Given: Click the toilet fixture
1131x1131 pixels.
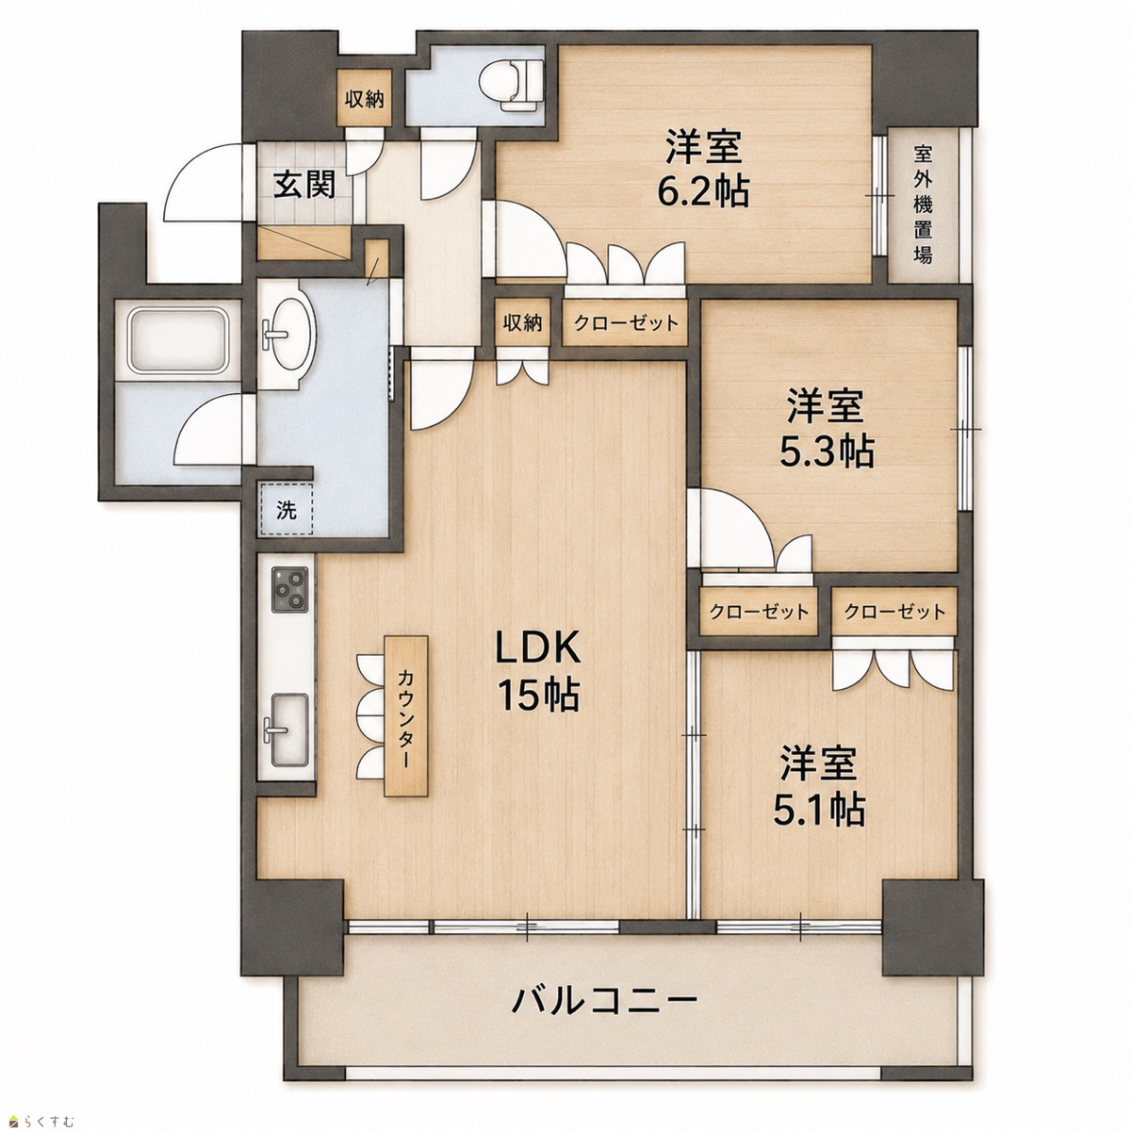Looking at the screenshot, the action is [x=511, y=86].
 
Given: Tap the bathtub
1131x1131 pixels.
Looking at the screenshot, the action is [x=179, y=339].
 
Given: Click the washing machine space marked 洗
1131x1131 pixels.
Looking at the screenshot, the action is [x=287, y=510].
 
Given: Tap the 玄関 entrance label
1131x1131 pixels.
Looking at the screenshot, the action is [x=305, y=185].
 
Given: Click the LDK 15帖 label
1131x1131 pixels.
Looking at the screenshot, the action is [x=538, y=671].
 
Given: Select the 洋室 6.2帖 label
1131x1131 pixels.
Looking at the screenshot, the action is [x=704, y=171].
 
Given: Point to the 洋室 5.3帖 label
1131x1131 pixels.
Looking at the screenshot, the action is [x=826, y=429].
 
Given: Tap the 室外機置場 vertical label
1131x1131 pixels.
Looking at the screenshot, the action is [x=924, y=205].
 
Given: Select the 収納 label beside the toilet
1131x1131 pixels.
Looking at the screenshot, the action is [x=365, y=100].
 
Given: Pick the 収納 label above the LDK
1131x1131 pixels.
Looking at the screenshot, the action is [x=522, y=322].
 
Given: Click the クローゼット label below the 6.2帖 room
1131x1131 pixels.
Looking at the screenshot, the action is [x=626, y=322].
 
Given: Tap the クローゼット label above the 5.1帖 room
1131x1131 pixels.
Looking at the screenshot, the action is [x=894, y=613].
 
